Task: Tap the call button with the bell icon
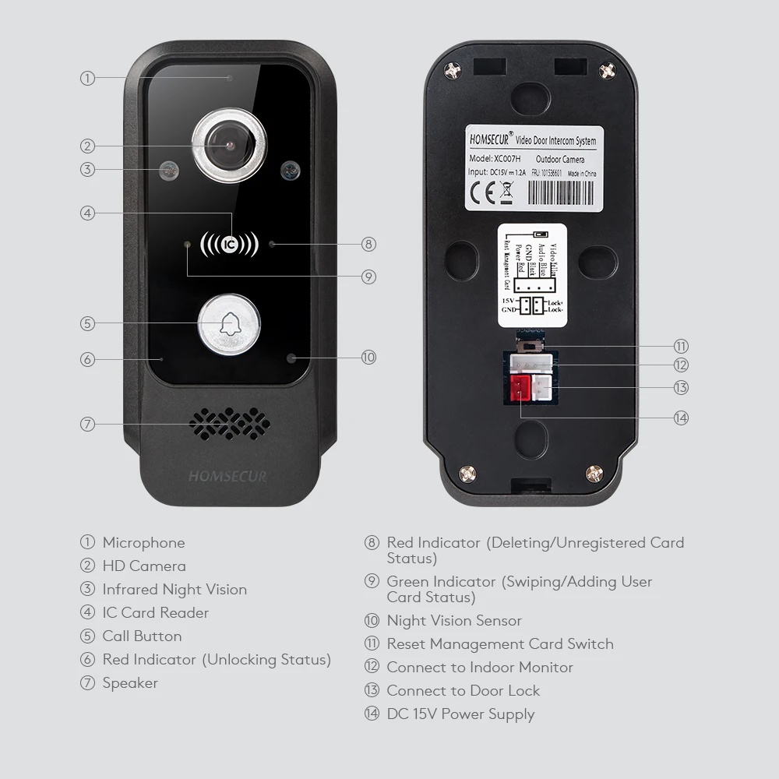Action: click(x=228, y=324)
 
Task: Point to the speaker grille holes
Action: click(x=230, y=424)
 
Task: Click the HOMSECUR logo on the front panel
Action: click(x=227, y=476)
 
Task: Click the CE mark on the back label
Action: click(x=484, y=189)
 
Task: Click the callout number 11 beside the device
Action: click(x=682, y=347)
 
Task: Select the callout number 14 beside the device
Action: click(x=682, y=418)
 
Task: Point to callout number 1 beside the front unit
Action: click(x=87, y=78)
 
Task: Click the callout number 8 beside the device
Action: click(x=369, y=244)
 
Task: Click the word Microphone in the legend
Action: click(x=143, y=543)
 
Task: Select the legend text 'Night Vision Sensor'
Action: click(x=454, y=621)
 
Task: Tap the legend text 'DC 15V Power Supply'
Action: click(x=460, y=714)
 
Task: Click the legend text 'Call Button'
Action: click(x=142, y=636)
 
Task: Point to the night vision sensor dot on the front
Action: click(x=292, y=358)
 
